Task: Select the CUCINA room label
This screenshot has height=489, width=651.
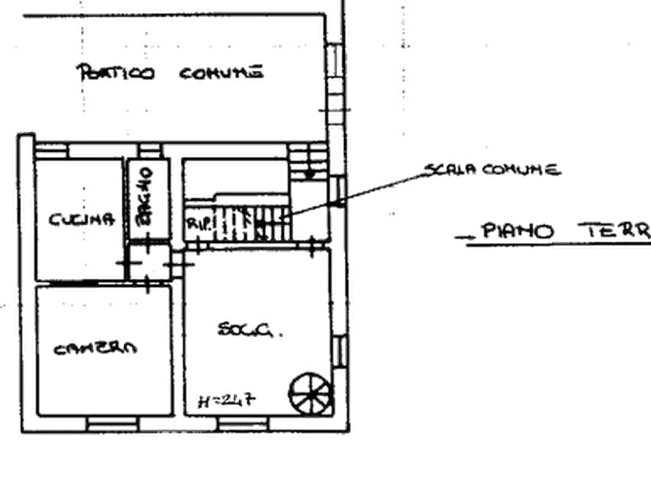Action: [82, 218]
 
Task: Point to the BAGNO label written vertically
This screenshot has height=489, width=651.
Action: [146, 196]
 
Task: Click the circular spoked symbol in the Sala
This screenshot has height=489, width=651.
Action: [309, 392]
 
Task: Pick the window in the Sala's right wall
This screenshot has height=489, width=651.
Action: [338, 352]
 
